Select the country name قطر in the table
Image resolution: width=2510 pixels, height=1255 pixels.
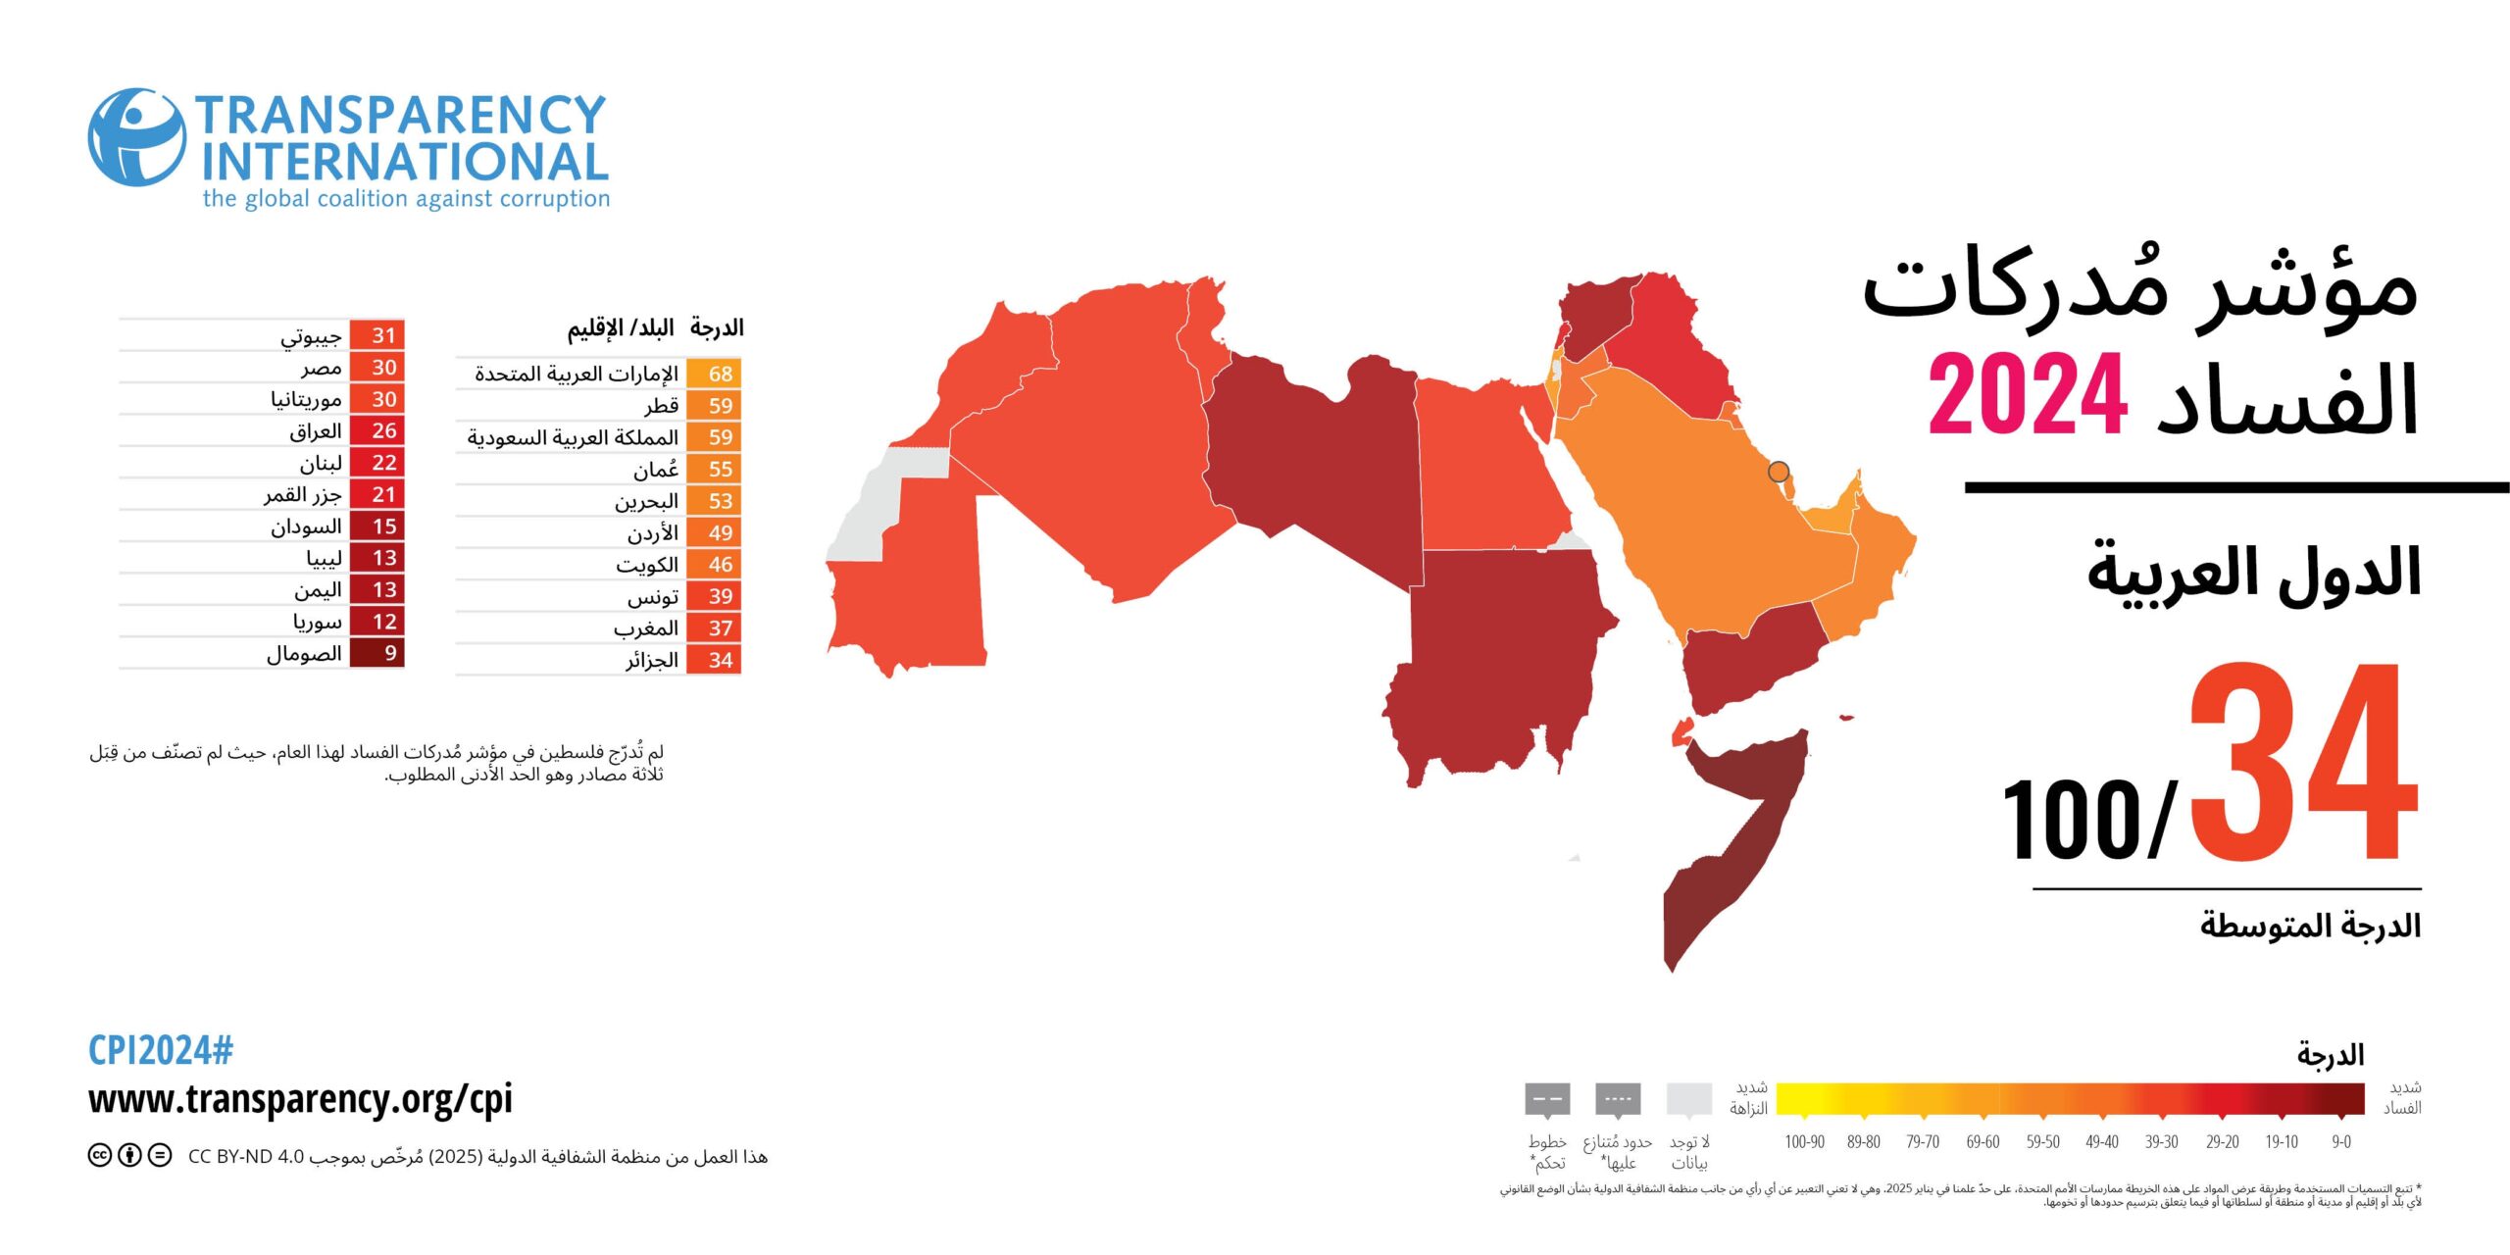click(x=661, y=405)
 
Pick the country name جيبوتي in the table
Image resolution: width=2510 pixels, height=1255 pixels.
click(x=311, y=336)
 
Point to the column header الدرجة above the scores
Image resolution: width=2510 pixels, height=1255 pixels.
click(x=716, y=327)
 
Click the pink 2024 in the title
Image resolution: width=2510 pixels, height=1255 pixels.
click(x=2027, y=395)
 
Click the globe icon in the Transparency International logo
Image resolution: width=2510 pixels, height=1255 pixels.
click(x=136, y=137)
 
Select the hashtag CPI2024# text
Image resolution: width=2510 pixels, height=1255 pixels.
click(x=161, y=1050)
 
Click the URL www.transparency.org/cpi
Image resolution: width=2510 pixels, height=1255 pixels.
click(x=300, y=1099)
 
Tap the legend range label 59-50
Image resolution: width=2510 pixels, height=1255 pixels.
click(x=2042, y=1141)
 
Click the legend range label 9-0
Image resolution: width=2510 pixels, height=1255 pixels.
click(x=2340, y=1141)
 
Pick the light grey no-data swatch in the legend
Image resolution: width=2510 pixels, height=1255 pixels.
click(x=1688, y=1099)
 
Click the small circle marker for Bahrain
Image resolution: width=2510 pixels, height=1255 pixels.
click(x=1778, y=472)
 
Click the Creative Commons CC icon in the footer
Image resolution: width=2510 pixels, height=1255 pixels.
click(x=99, y=1155)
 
